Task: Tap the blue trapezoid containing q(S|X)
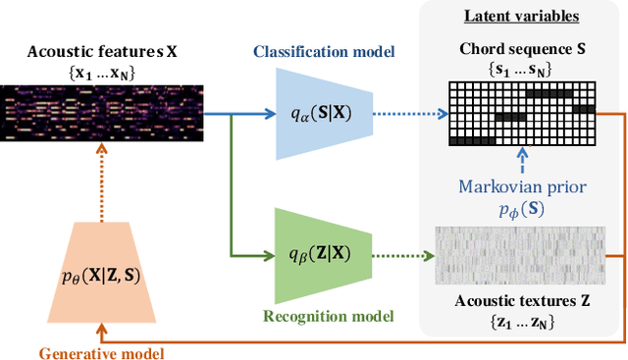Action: pos(312,114)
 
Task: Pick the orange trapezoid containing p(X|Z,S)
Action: pos(99,276)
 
